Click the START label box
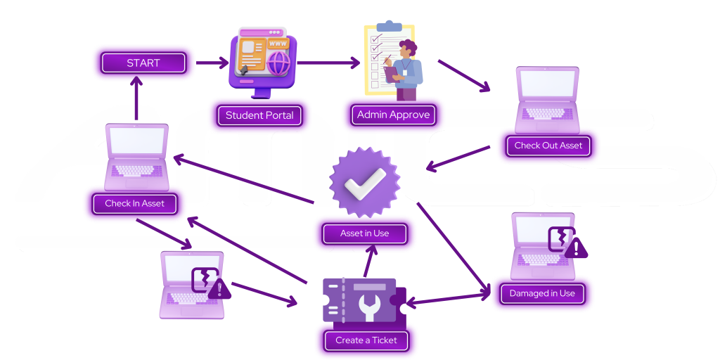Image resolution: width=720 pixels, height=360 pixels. [x=143, y=63]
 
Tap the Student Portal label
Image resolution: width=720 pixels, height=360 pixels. [x=259, y=115]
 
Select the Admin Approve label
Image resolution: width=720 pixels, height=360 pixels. [x=393, y=115]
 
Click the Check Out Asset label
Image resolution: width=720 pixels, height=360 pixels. [x=548, y=146]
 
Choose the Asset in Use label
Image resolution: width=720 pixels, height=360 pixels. [x=364, y=233]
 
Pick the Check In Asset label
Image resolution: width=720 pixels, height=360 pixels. [x=134, y=204]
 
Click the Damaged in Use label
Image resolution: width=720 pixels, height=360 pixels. [x=542, y=293]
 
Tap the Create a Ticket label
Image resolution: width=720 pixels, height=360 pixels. [x=366, y=340]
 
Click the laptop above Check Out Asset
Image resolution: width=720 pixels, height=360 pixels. [x=547, y=98]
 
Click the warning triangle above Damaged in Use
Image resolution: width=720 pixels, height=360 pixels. [x=577, y=248]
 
